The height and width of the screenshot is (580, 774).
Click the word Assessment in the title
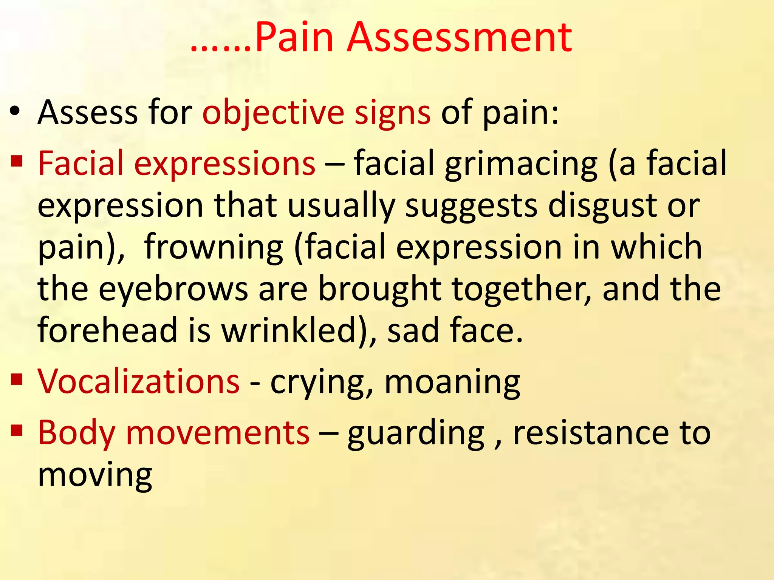(459, 38)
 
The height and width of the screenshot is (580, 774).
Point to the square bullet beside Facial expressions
(17, 161)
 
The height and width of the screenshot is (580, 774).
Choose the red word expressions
(224, 164)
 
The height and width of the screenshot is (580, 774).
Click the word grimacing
(521, 164)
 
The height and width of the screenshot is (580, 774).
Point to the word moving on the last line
(95, 475)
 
